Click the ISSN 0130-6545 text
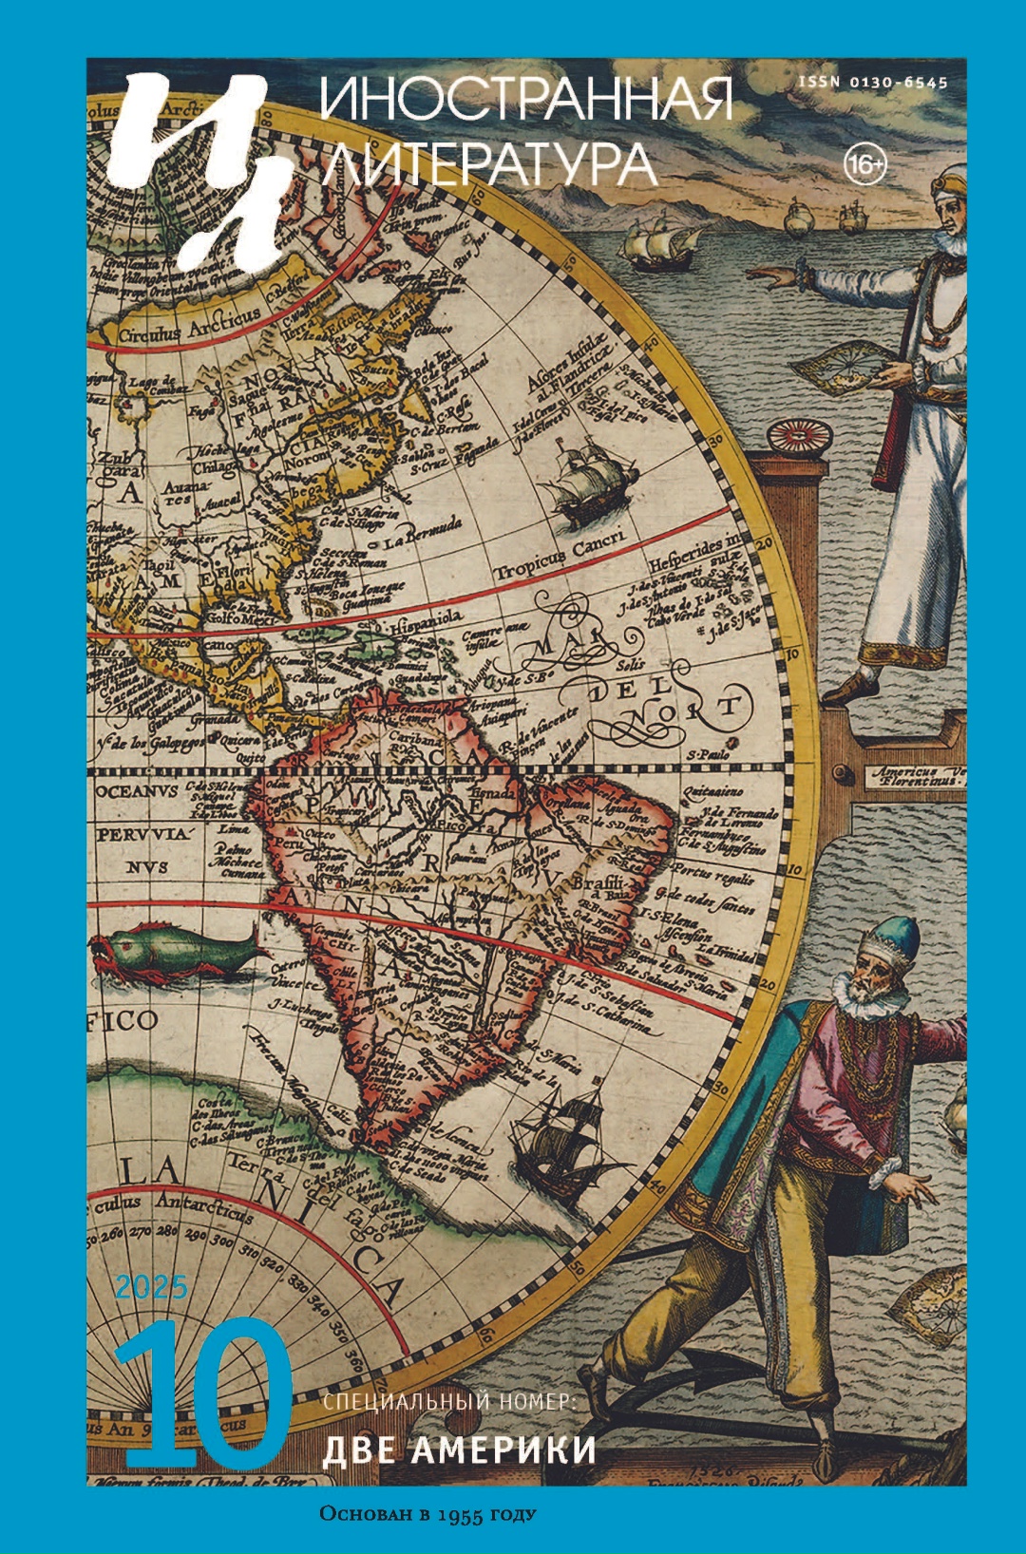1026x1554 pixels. [872, 83]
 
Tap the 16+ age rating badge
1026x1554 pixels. [864, 166]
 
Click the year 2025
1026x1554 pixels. [152, 1287]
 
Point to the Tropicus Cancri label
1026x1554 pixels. [560, 556]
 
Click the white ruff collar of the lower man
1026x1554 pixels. [869, 998]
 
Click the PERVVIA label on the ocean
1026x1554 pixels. [143, 834]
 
